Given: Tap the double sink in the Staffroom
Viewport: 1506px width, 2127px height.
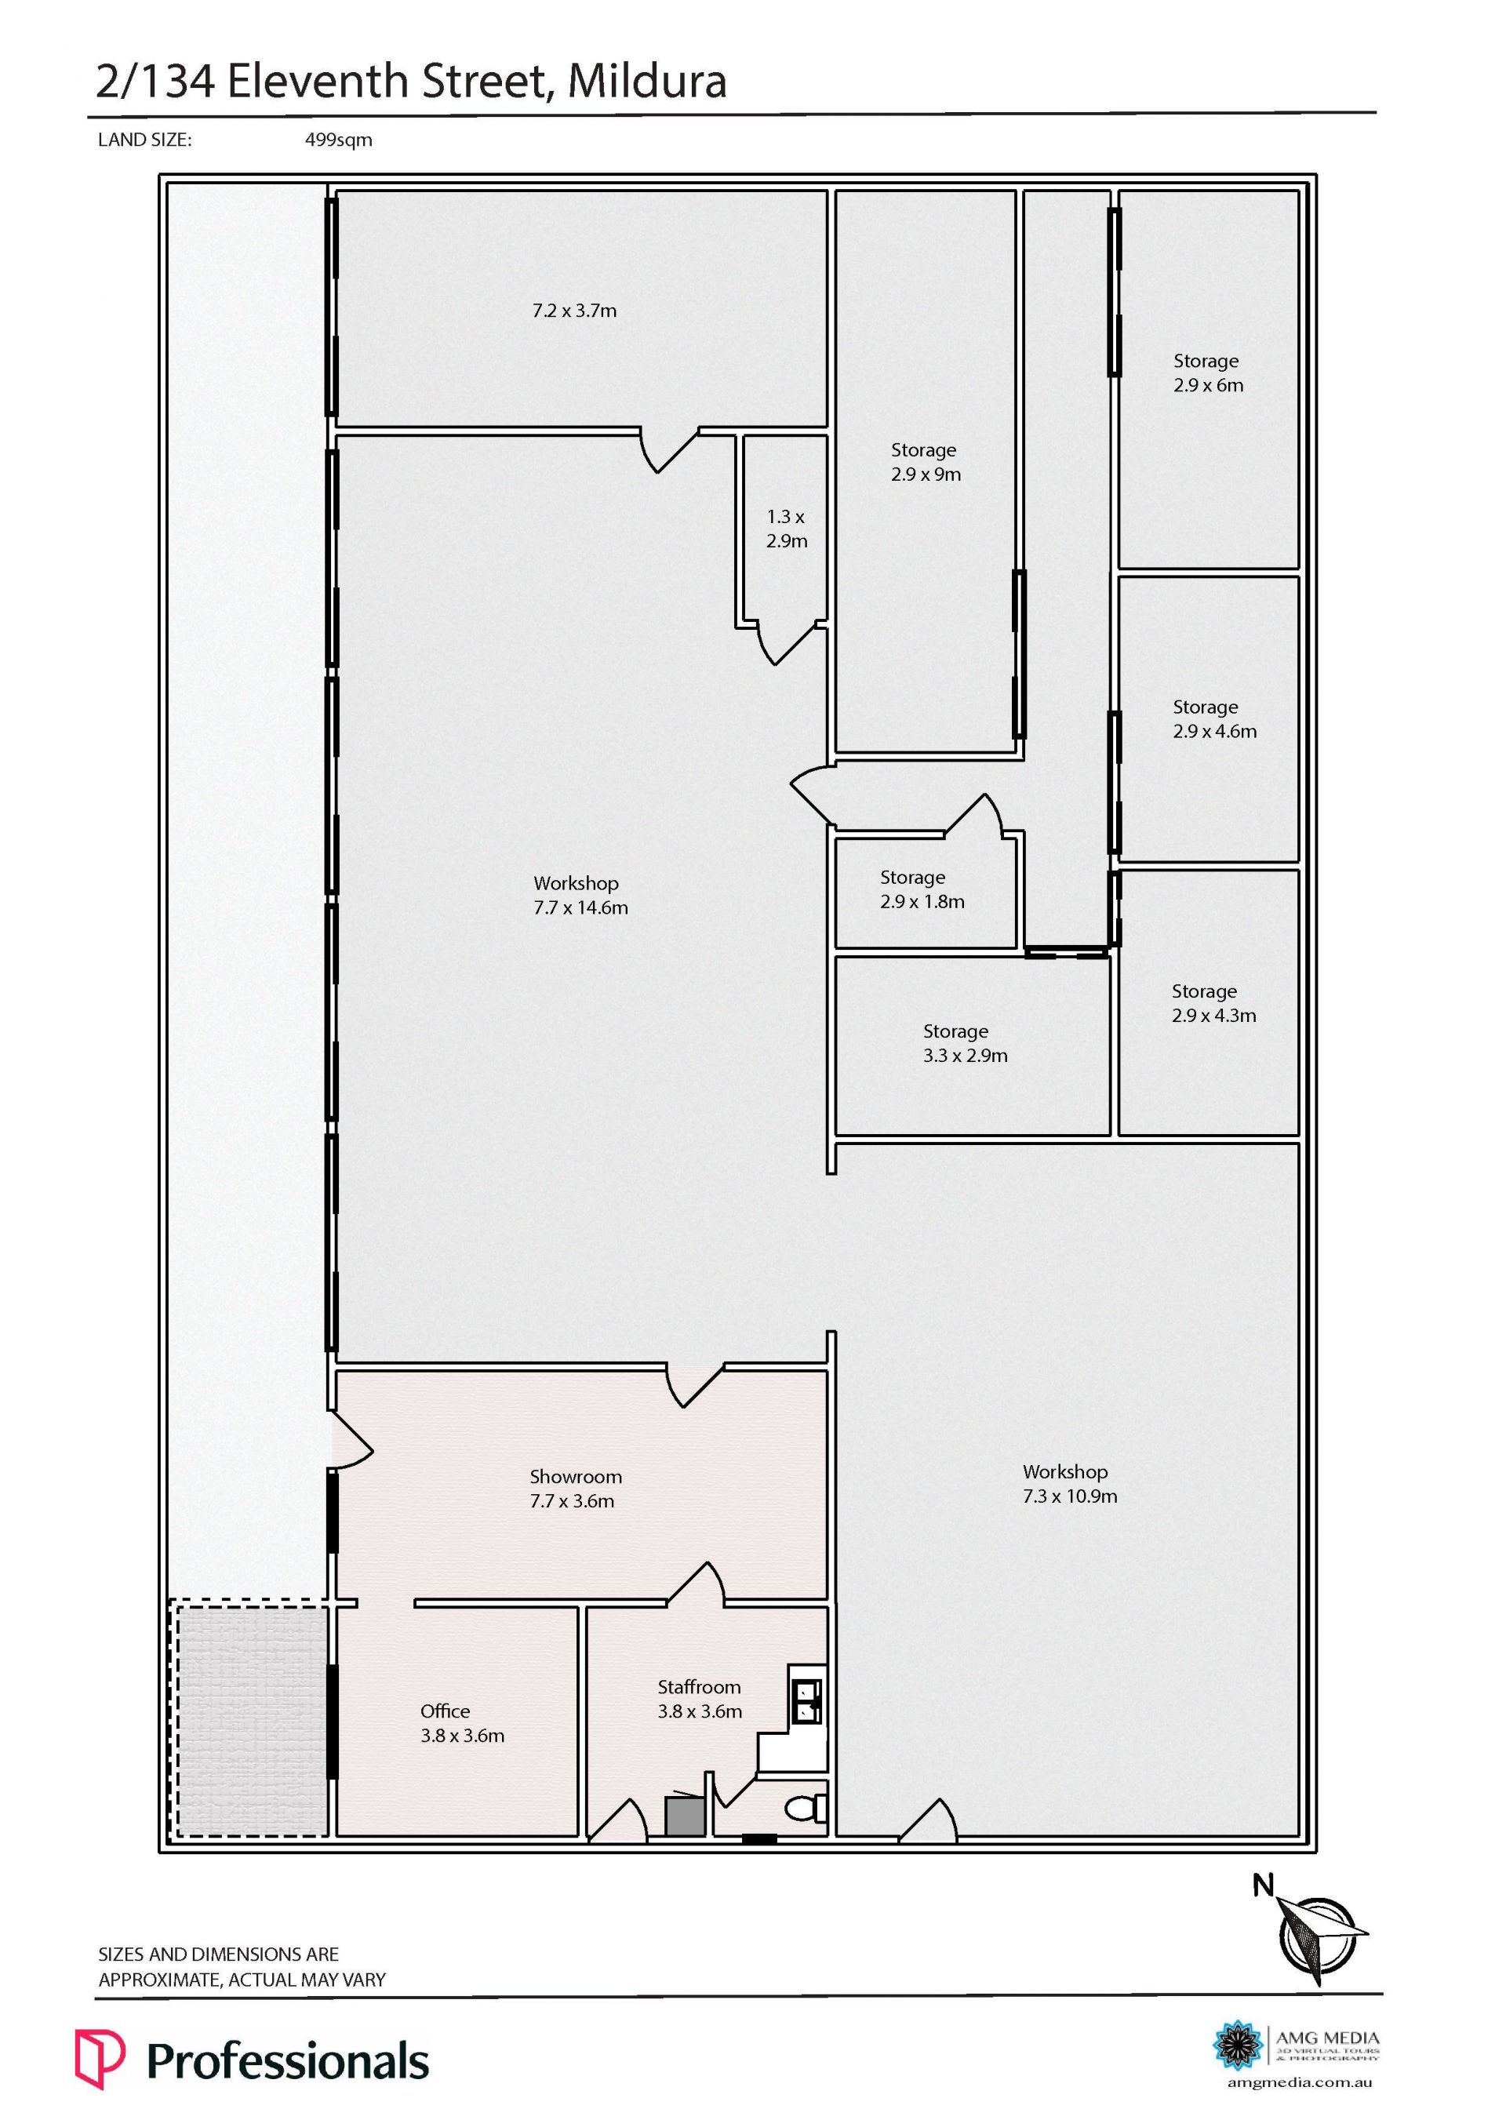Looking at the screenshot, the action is [805, 1696].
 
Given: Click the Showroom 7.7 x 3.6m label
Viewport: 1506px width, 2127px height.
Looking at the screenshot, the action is [574, 1489].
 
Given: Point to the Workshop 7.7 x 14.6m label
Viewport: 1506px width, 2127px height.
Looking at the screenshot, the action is [580, 896].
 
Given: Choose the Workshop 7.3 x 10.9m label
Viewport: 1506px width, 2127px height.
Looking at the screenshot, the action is [1069, 1484].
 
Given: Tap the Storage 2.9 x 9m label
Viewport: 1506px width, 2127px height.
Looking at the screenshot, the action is [926, 462].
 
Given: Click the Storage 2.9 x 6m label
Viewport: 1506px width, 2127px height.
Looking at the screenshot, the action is [1207, 373].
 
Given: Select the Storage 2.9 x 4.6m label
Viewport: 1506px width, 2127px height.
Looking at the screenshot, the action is [1214, 718].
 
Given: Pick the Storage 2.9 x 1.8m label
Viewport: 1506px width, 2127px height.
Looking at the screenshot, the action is [922, 889].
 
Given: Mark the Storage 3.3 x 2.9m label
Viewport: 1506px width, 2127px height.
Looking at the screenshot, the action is [965, 1043].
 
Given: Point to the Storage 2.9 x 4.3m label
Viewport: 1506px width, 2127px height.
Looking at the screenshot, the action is [1213, 1003].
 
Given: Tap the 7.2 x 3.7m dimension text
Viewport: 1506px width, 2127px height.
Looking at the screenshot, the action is [574, 311].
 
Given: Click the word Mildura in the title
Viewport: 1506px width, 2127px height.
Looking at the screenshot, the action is [646, 82].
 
